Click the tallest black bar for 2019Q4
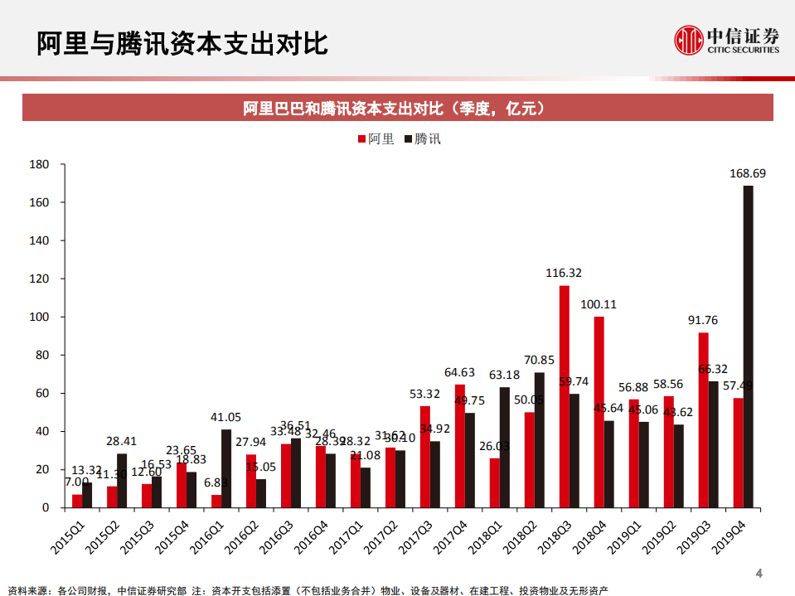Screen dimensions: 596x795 click(x=748, y=346)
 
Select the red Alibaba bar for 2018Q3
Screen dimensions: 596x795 click(x=564, y=396)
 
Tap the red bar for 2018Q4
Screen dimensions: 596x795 click(x=599, y=412)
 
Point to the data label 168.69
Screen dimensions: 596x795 click(x=748, y=174)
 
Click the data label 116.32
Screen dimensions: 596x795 click(x=564, y=273)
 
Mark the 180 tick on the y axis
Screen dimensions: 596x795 click(x=39, y=165)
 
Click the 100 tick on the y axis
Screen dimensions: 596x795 click(x=39, y=317)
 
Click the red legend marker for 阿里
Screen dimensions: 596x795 click(x=361, y=139)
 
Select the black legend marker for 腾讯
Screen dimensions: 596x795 click(x=409, y=139)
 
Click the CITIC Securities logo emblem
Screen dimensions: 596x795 click(x=687, y=39)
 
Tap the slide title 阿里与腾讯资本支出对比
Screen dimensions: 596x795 click(x=182, y=43)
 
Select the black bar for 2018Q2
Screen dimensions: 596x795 click(x=540, y=440)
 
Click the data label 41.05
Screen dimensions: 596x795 click(x=225, y=417)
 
